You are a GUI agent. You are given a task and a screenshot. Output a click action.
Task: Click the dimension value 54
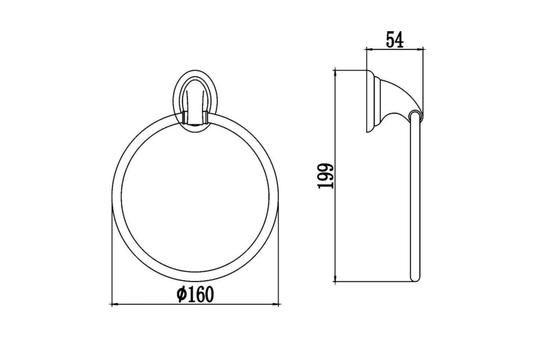pos(395,40)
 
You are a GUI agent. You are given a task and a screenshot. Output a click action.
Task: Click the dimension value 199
pos(326,176)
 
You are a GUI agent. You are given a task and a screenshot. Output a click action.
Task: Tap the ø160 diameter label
pos(195,294)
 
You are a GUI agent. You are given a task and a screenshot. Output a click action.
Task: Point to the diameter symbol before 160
pos(181,294)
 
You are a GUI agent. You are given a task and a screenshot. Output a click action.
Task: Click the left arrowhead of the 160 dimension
pos(115,305)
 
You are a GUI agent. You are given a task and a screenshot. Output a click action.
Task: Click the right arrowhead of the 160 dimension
pos(275,305)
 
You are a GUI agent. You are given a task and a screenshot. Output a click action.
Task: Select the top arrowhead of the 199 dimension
pos(335,73)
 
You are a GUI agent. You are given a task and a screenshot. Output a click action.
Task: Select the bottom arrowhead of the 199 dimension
pos(335,278)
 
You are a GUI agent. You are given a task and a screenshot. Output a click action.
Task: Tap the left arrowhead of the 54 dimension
pos(370,49)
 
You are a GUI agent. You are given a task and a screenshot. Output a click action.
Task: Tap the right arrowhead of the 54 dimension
pos(420,49)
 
